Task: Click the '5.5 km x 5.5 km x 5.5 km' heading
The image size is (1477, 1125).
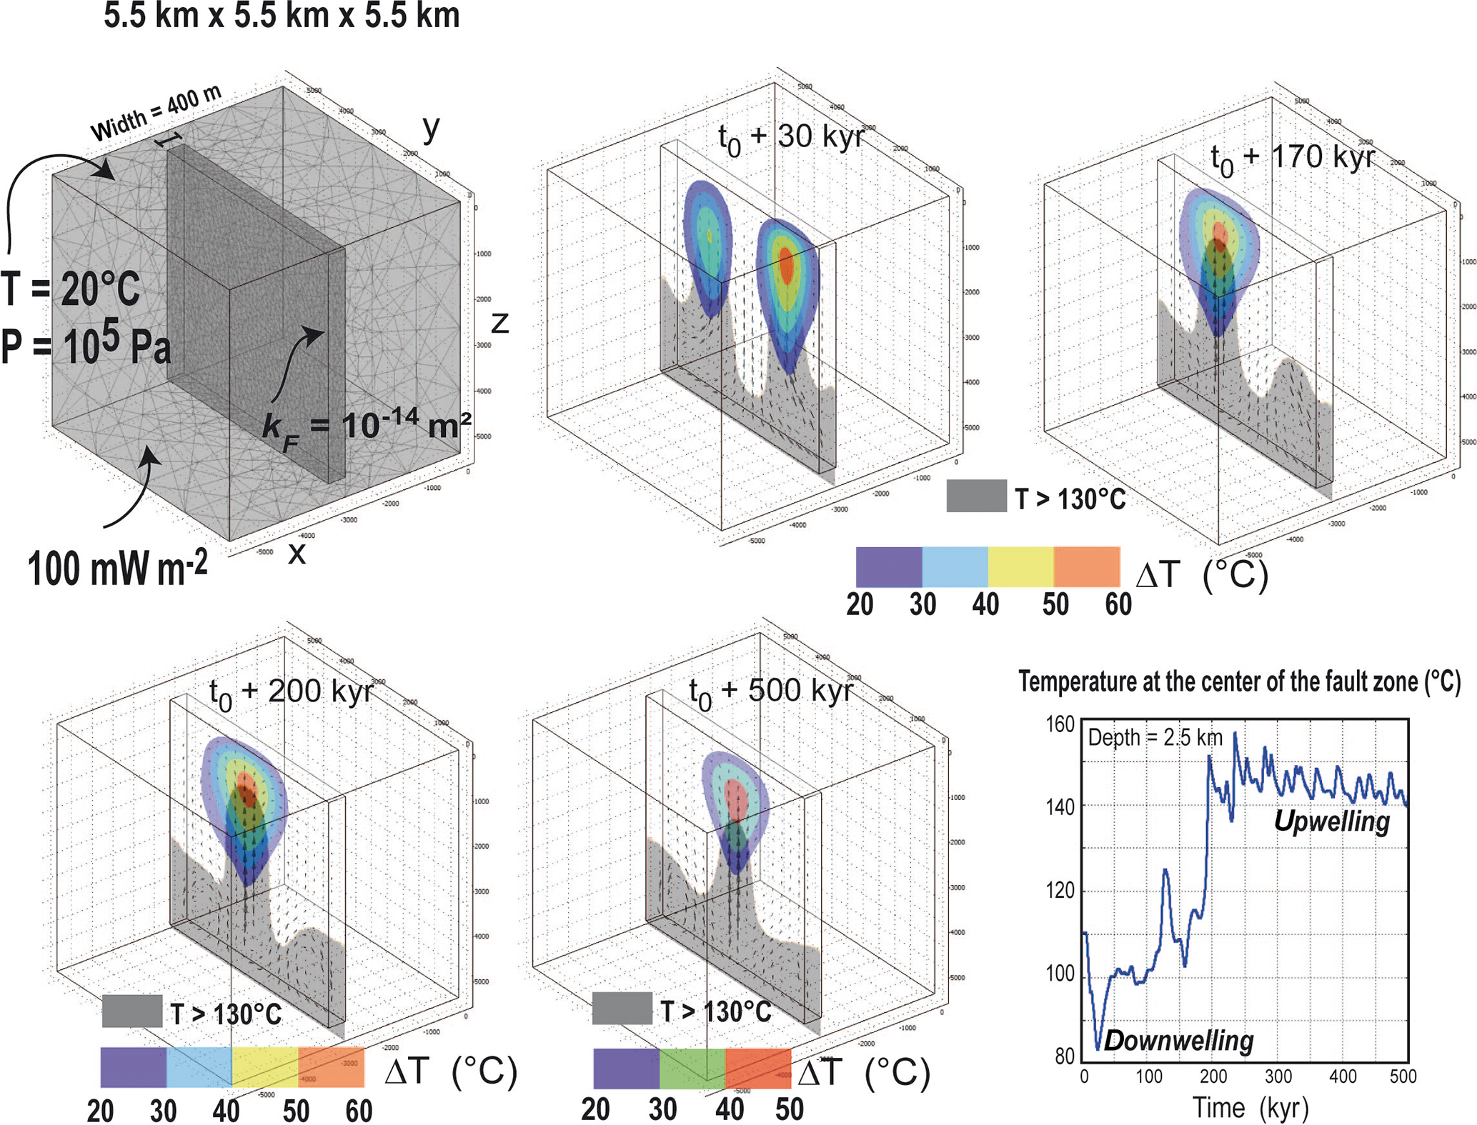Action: point(282,16)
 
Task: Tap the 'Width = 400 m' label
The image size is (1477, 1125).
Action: point(156,114)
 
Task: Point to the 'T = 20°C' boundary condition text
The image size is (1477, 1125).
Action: point(71,289)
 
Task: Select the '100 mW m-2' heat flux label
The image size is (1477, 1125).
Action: point(118,569)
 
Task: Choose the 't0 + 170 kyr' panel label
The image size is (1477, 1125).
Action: point(1292,158)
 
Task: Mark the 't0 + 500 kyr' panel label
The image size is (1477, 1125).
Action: point(770,691)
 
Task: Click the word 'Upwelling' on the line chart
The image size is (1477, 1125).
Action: point(1331,821)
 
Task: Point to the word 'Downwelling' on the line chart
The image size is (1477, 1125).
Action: point(1178,1041)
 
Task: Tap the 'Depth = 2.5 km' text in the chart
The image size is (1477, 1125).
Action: point(1155,737)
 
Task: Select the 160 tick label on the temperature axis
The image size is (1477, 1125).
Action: point(1060,725)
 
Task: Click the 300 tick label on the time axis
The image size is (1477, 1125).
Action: point(1278,1076)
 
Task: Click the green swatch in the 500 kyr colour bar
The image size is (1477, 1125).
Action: point(692,1069)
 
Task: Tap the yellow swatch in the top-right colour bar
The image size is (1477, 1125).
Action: point(1020,567)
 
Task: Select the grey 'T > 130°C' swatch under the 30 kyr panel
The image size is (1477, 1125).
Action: point(976,496)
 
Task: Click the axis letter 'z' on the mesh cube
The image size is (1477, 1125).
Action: point(499,323)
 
